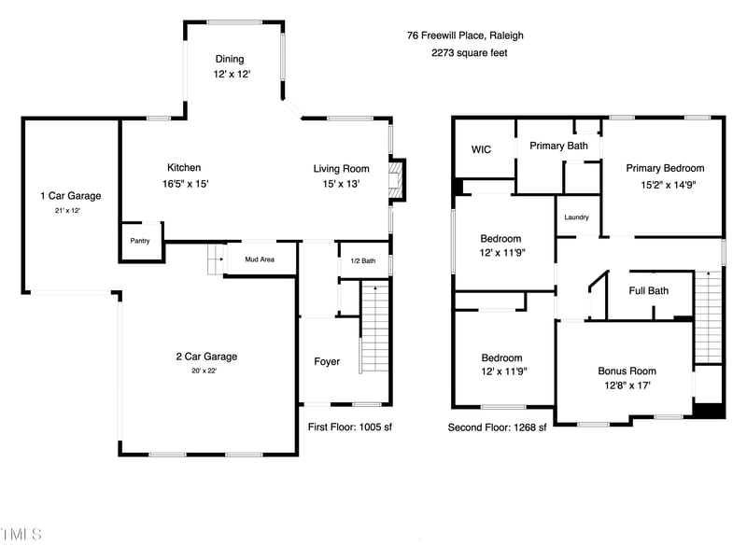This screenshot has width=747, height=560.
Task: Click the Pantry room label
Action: pos(140,241)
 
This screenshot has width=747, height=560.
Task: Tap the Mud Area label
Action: pos(260,259)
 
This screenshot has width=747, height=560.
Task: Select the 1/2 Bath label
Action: pos(363,260)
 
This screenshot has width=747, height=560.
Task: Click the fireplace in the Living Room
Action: pos(396,180)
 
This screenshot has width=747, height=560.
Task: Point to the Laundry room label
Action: pos(576,217)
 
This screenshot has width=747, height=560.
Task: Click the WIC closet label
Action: pos(481,149)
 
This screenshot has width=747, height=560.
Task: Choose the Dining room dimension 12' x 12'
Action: pos(232,74)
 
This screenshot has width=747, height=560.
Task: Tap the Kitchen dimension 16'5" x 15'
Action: pos(185,184)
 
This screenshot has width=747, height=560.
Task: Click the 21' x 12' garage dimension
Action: pos(67,211)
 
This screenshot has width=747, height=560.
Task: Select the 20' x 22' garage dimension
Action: pos(204,371)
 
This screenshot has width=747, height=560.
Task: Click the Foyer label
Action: pos(327,361)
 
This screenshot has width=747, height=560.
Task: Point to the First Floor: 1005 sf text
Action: pos(349,427)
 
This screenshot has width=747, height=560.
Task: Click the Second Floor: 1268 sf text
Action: pos(497,427)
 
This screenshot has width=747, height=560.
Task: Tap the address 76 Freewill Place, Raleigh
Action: pos(465,35)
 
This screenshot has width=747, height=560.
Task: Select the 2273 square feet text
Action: pos(470,53)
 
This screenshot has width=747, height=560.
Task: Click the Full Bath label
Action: pos(648,290)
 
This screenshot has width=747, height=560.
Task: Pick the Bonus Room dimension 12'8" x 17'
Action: pos(627,385)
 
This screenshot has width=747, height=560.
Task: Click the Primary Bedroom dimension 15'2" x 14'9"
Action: pos(669,185)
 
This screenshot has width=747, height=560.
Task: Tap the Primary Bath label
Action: pos(558,146)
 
